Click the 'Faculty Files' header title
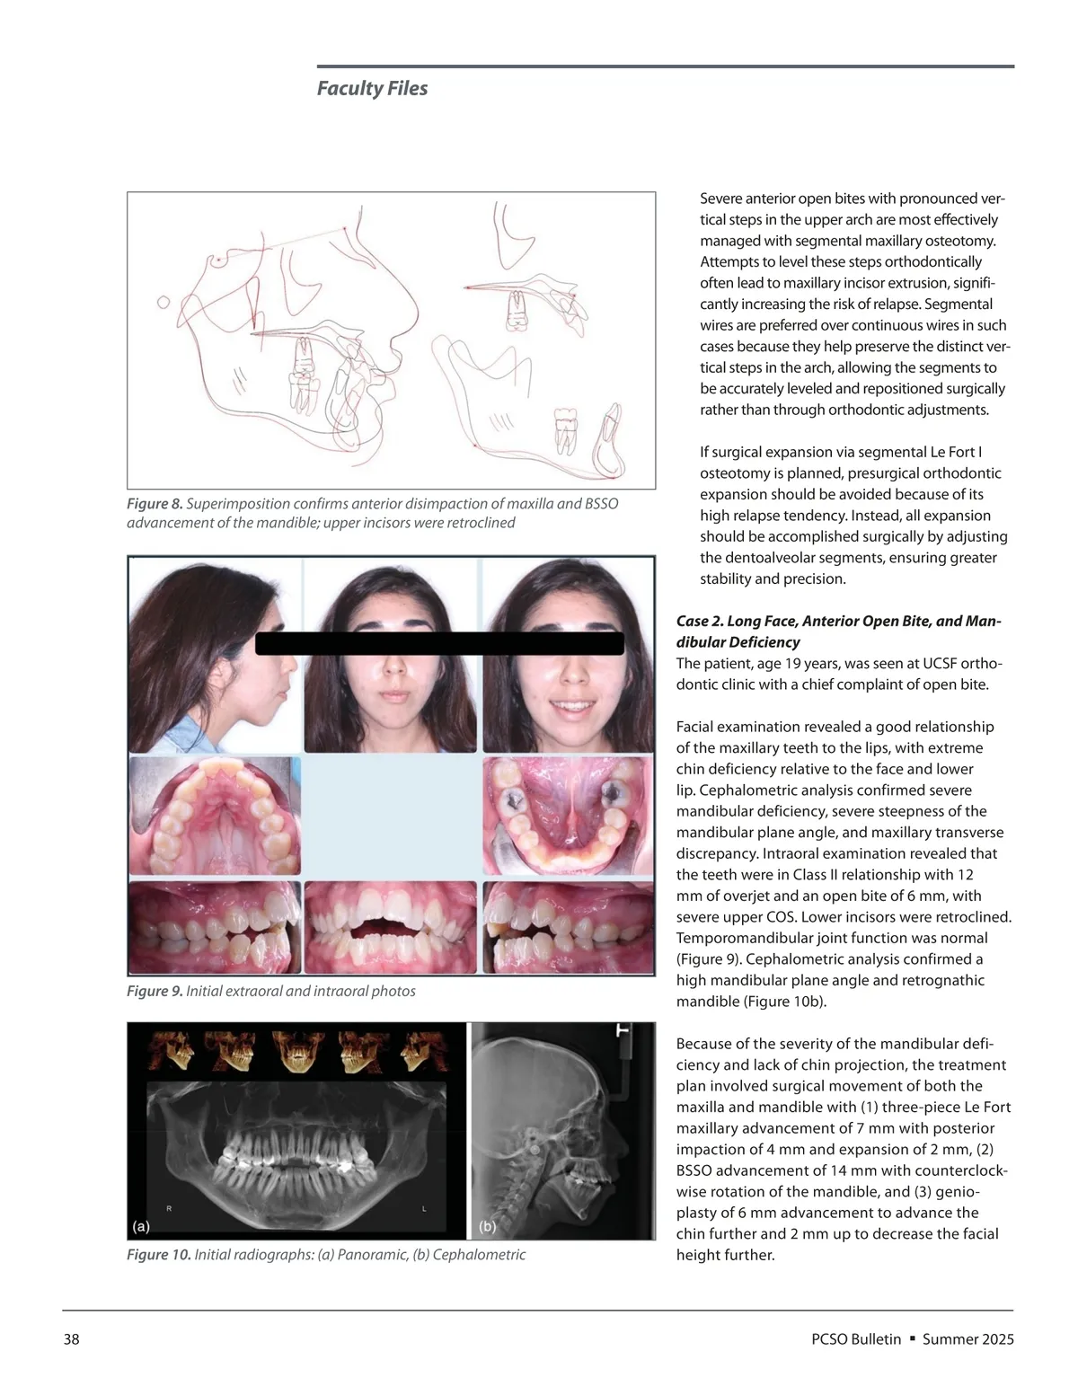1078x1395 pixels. click(372, 88)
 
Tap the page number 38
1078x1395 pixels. click(71, 1339)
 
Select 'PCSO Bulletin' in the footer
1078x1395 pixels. click(855, 1339)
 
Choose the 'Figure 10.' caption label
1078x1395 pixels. click(158, 1255)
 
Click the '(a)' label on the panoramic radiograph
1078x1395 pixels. click(141, 1225)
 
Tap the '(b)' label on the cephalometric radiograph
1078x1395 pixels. click(488, 1226)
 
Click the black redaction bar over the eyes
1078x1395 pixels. click(439, 643)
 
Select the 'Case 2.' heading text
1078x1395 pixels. click(700, 622)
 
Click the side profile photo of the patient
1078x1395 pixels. click(215, 655)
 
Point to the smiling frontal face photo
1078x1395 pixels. click(568, 655)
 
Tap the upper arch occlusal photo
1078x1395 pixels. click(215, 816)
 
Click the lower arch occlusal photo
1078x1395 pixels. click(568, 816)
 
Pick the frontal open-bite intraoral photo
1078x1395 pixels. click(391, 927)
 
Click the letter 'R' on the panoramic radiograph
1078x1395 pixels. click(169, 1209)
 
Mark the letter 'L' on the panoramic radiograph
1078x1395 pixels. click(424, 1209)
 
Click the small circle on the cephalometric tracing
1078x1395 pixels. click(163, 303)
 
